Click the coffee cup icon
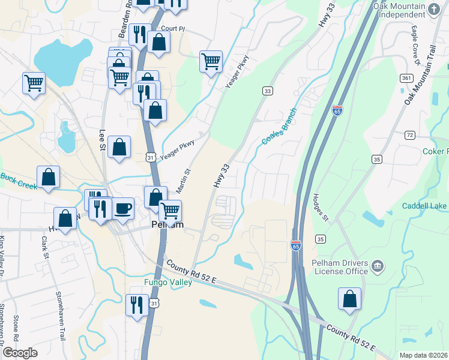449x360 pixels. pos(123,208)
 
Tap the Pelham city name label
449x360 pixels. pos(166,226)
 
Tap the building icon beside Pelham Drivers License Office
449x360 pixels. pos(378,265)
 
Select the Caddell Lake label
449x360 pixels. pos(425,206)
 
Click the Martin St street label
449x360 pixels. pos(183,180)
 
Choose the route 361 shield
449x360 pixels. pos(406,78)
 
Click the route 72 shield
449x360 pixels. pos(409,135)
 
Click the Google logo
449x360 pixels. pos(20,353)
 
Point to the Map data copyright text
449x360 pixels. pos(423,355)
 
